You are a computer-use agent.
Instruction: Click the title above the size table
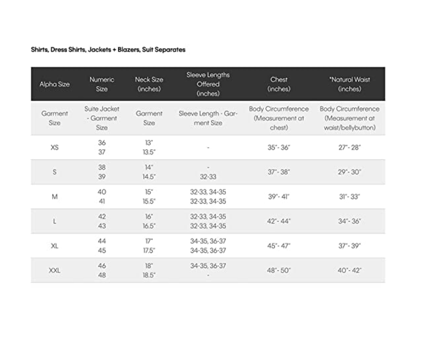pos(108,50)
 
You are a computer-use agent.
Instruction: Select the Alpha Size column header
pos(54,84)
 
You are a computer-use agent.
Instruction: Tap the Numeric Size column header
pos(102,84)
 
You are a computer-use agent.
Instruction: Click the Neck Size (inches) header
pos(149,84)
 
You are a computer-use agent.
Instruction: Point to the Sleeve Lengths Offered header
pos(208,84)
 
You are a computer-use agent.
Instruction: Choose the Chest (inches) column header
pos(278,84)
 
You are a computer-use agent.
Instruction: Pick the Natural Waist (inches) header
pos(350,84)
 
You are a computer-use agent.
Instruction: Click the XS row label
pos(54,147)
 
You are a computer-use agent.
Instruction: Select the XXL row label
pos(54,271)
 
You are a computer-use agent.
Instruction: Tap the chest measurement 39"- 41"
pos(278,197)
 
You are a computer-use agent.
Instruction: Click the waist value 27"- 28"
pos(350,147)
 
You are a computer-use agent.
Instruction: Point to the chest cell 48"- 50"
pos(278,271)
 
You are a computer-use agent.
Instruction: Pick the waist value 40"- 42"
pos(350,271)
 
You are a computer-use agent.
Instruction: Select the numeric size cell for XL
pos(102,246)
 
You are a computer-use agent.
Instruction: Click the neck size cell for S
pos(149,173)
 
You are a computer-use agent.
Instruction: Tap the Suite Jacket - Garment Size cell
pos(102,118)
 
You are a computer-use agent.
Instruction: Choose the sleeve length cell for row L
pos(208,222)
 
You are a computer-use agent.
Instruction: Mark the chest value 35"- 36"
pos(278,147)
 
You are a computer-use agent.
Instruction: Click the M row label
pos(54,197)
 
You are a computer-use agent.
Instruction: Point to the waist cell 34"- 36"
pos(350,222)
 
